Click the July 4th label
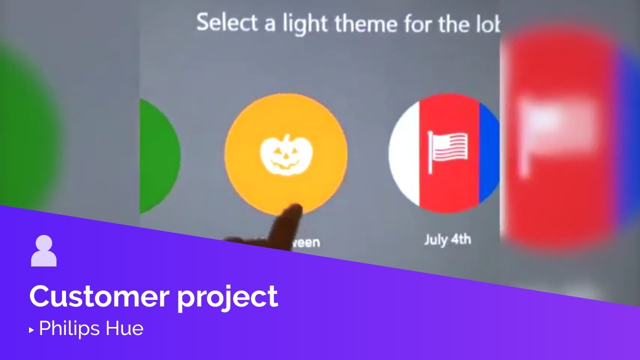tap(447, 239)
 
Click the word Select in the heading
tap(228, 23)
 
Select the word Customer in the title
tap(98, 296)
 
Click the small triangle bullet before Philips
tap(31, 330)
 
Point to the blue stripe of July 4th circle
tap(489, 150)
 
